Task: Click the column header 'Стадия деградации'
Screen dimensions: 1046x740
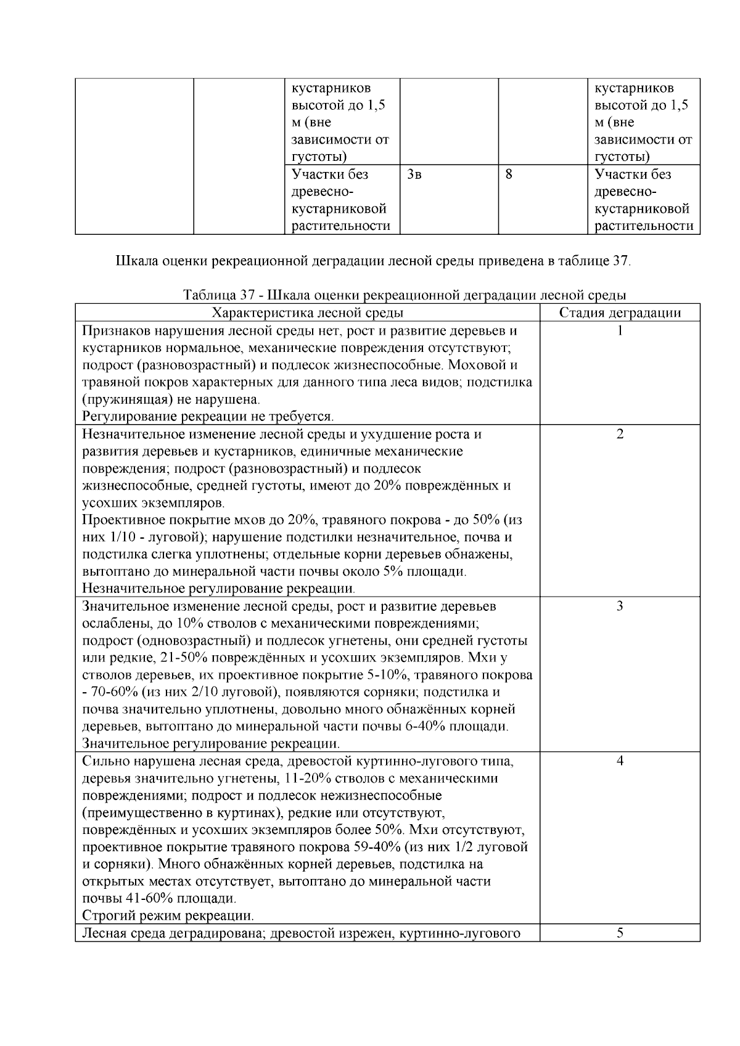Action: [x=620, y=313]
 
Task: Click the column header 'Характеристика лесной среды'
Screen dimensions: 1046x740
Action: [x=307, y=313]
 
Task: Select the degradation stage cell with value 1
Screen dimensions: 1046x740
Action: [x=620, y=330]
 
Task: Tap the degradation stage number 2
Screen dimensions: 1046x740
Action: [x=620, y=434]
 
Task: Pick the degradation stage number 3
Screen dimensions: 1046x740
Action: [x=620, y=606]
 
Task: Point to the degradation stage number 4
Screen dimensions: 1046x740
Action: [x=620, y=761]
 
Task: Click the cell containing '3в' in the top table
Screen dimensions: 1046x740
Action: [x=414, y=174]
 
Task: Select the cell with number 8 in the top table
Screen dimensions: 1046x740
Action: [x=509, y=174]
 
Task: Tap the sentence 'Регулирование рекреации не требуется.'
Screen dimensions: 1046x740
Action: [x=208, y=417]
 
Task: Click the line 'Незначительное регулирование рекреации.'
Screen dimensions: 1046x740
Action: [x=218, y=589]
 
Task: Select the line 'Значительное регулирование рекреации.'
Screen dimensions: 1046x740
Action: [x=211, y=743]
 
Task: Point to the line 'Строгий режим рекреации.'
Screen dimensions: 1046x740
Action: [x=168, y=915]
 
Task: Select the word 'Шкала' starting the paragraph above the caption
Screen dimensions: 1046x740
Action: [x=135, y=261]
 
